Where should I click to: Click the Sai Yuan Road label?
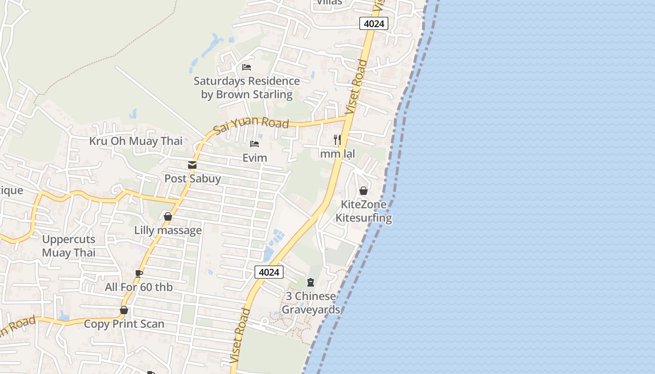click(251, 125)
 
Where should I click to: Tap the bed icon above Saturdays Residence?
click(247, 67)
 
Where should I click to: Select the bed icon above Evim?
click(255, 144)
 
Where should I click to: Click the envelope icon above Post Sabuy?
click(192, 165)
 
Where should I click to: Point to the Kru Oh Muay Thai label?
click(136, 141)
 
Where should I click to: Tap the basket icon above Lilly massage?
click(168, 216)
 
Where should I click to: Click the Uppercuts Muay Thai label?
click(69, 246)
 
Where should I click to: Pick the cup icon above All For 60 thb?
click(138, 273)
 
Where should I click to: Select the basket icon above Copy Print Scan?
click(124, 310)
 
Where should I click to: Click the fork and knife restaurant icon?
click(337, 139)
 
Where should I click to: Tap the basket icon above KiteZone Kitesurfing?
click(364, 191)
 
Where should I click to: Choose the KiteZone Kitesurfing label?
click(364, 211)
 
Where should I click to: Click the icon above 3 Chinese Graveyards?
click(311, 282)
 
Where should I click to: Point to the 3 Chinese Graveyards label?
click(311, 303)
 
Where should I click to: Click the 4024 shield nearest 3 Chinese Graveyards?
click(269, 272)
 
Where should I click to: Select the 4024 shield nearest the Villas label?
click(374, 23)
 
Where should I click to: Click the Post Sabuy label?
click(192, 179)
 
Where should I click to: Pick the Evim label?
click(255, 158)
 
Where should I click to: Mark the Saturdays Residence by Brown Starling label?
click(247, 88)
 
